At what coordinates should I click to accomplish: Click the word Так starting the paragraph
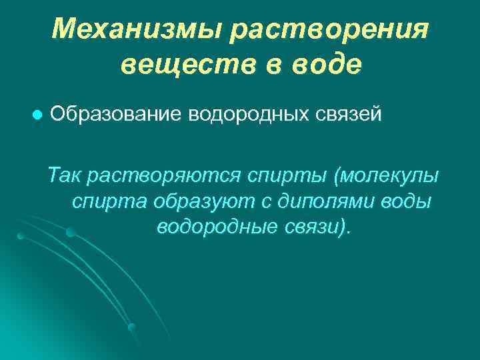coord(65,176)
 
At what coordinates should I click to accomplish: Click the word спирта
coord(110,202)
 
